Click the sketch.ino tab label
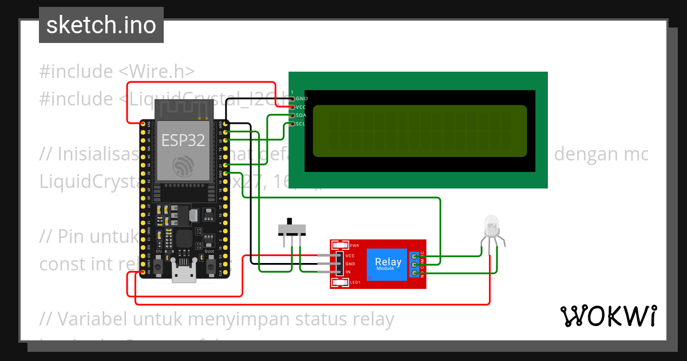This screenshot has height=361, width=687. (x=101, y=25)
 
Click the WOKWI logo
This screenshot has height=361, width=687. (x=608, y=316)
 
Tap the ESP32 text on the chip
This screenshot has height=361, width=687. (x=183, y=140)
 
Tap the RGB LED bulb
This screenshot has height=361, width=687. (x=491, y=226)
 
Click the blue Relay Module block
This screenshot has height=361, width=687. (x=387, y=264)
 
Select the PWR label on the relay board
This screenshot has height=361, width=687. (x=354, y=245)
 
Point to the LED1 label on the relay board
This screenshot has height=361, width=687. (x=355, y=282)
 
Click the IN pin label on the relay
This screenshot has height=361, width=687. (x=348, y=272)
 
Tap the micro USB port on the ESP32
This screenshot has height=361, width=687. (x=184, y=274)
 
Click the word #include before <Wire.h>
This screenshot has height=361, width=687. (x=76, y=72)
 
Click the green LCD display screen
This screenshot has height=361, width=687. (x=420, y=131)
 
